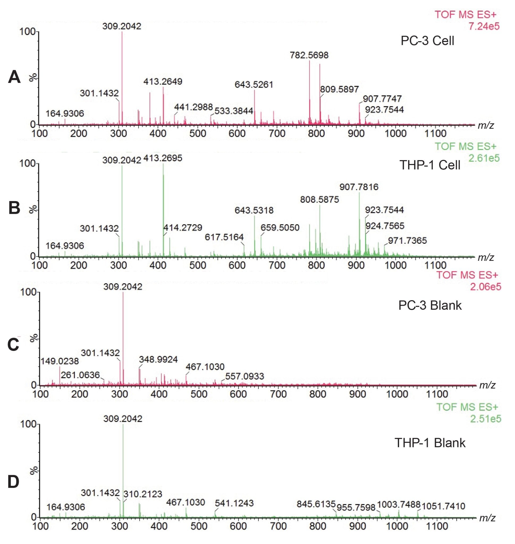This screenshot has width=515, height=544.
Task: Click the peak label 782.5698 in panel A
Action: coord(309,56)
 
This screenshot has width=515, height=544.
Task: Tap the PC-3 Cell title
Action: coord(427,41)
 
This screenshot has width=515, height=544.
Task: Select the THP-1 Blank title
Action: coord(430,443)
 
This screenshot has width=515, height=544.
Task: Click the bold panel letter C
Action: coord(13,345)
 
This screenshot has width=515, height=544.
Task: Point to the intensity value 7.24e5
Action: coord(484,27)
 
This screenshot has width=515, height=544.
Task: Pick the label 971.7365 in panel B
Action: coord(407,241)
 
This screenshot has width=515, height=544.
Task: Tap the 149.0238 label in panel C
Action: coord(60,361)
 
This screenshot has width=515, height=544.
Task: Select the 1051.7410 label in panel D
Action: coord(443,506)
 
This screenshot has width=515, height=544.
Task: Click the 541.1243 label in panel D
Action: coord(234,503)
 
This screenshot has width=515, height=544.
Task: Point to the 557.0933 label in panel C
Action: coord(244,376)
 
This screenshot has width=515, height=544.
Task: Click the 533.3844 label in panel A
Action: coord(234,111)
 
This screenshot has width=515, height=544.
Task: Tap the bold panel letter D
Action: coord(13,482)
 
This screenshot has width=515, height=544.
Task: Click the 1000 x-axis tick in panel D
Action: coord(397,526)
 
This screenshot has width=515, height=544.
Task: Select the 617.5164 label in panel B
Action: coord(224,237)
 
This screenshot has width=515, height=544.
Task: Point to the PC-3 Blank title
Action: coord(430,305)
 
